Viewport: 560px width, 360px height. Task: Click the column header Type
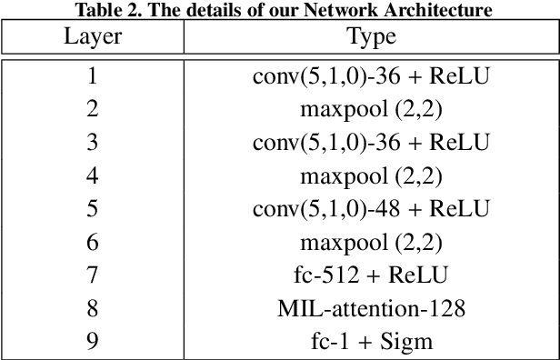point(371,38)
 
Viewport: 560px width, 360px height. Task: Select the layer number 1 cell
point(92,77)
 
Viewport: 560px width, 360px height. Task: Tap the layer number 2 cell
point(92,110)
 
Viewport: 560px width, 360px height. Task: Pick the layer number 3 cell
point(92,143)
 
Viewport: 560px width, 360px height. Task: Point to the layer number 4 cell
point(92,176)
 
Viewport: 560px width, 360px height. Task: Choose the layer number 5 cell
point(92,209)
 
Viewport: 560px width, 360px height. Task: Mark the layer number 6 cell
point(92,242)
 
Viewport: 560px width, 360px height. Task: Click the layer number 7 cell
point(92,275)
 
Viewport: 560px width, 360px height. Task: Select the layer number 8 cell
point(92,308)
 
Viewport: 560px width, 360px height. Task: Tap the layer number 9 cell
point(92,341)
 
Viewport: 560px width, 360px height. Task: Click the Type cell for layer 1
point(371,77)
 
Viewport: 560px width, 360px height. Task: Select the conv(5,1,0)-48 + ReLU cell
point(371,209)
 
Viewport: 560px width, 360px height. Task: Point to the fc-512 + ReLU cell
point(371,275)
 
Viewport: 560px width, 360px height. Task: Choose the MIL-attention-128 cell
point(371,308)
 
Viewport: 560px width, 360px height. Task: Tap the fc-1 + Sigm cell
point(371,341)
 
